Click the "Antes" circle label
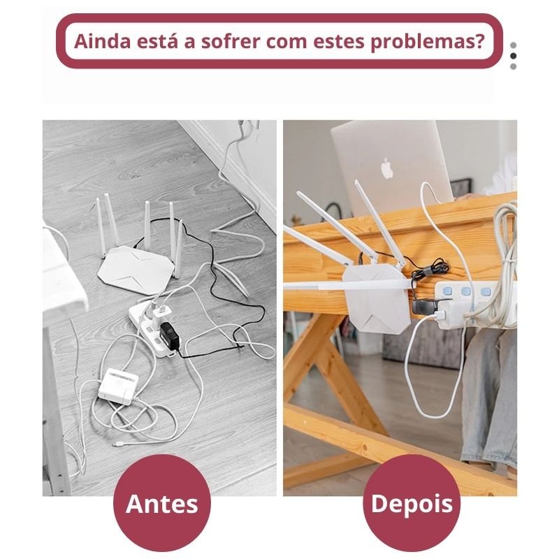[162, 503]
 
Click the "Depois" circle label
[412, 503]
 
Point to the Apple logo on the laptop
[387, 168]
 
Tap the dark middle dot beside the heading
[514, 56]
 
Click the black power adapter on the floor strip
[169, 335]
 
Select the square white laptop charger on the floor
[118, 386]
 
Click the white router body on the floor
[136, 270]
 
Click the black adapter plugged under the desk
[424, 307]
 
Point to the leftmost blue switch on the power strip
[447, 291]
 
